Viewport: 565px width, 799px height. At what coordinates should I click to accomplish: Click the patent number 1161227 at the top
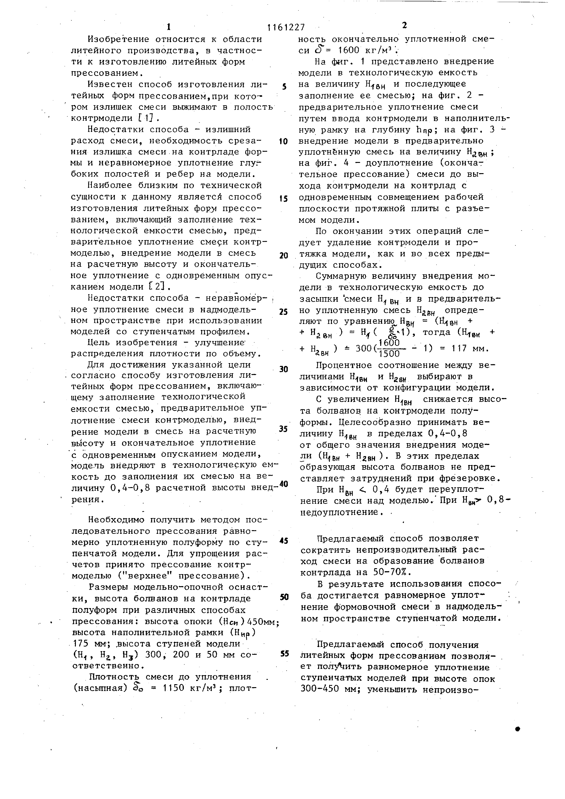[x=286, y=27]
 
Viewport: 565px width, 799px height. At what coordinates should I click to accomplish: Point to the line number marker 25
[x=284, y=312]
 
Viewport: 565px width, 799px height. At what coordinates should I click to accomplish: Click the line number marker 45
[x=284, y=541]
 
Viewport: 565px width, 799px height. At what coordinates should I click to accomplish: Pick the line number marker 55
[x=284, y=654]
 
